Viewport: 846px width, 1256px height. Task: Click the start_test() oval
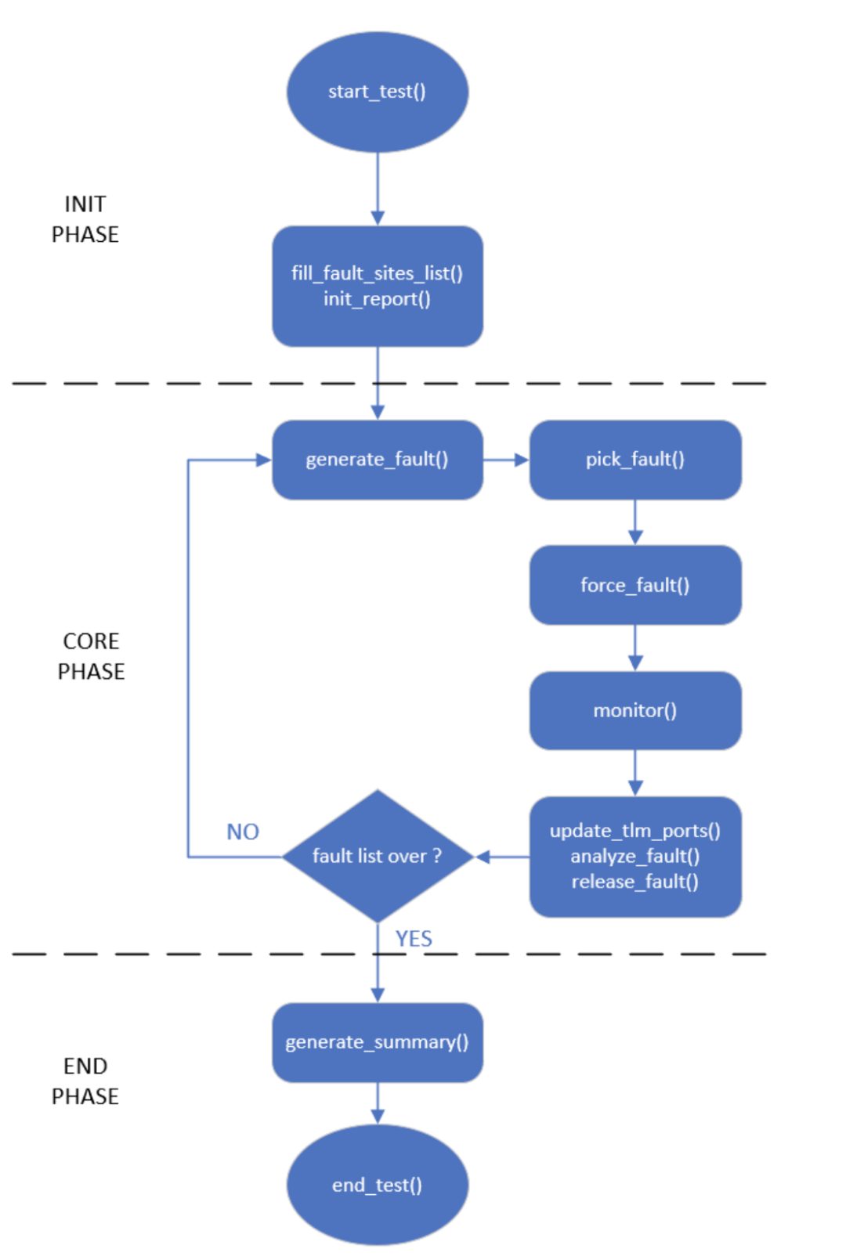point(377,92)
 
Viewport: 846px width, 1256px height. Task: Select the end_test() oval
point(377,1184)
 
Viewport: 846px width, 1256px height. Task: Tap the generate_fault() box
point(377,460)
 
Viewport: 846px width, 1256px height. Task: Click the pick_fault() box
point(634,460)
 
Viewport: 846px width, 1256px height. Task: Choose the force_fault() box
point(634,585)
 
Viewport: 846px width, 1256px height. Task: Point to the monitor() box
point(634,710)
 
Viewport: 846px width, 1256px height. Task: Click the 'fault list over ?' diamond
point(377,856)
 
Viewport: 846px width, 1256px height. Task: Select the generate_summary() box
point(377,1042)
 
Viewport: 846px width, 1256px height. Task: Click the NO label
point(242,832)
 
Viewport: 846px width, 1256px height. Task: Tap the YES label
point(414,938)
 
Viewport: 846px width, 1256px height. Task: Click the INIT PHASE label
point(85,219)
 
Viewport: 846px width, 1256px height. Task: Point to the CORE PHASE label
point(91,656)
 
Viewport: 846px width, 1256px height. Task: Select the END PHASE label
point(85,1081)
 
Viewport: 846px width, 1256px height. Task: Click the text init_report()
point(377,299)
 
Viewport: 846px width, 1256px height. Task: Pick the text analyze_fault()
point(634,856)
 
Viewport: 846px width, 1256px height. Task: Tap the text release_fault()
point(634,882)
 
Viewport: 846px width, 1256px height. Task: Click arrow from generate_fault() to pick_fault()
point(506,460)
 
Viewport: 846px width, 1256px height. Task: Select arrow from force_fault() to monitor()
point(635,647)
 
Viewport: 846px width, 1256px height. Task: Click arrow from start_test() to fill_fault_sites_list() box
point(378,188)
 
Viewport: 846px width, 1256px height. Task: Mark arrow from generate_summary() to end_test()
point(378,1103)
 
